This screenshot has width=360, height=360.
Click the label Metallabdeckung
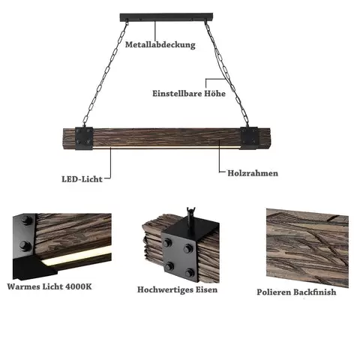click(160, 45)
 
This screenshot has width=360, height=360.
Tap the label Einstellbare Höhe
click(189, 94)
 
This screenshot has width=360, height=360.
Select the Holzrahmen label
click(253, 173)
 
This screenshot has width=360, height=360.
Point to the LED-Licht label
click(82, 179)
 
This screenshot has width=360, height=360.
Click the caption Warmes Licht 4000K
click(49, 286)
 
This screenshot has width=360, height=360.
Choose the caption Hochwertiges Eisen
click(178, 289)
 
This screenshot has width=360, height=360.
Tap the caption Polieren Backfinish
click(296, 292)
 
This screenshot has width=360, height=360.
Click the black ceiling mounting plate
click(166, 17)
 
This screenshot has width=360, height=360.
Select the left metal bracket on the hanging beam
click(84, 138)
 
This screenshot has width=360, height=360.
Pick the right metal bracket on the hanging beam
click(249, 138)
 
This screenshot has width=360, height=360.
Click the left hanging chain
click(105, 73)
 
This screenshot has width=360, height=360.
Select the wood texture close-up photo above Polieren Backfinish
click(307, 248)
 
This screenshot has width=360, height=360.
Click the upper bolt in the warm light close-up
click(26, 220)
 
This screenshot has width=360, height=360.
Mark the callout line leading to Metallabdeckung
click(155, 31)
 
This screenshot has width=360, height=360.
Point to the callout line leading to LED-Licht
click(110, 163)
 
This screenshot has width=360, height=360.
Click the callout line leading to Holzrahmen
click(219, 156)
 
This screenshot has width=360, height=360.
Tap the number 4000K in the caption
click(79, 286)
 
